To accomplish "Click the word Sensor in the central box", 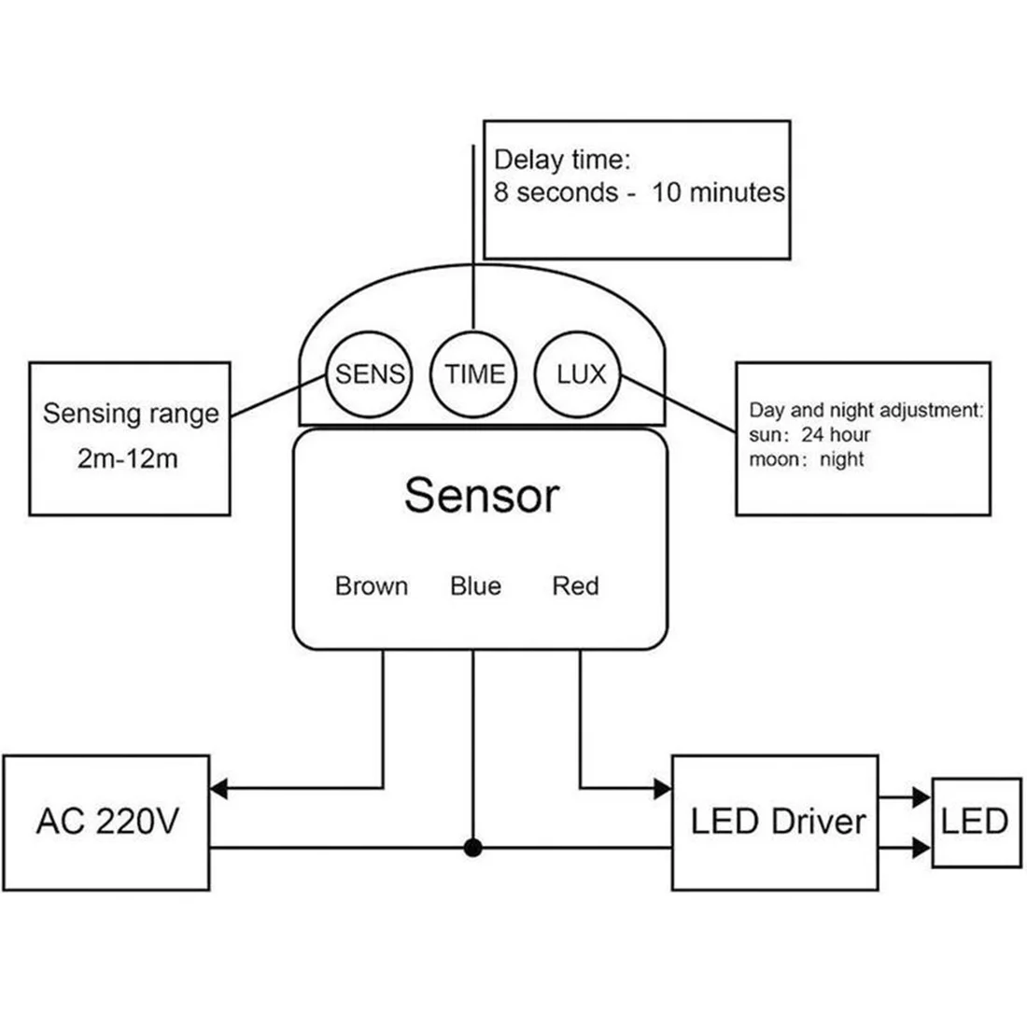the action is (x=482, y=495).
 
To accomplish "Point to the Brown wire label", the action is (x=372, y=585).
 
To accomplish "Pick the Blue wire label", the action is (x=475, y=585).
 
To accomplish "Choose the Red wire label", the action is (x=575, y=585).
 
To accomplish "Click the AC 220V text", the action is (x=107, y=821).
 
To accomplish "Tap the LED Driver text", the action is (x=778, y=822).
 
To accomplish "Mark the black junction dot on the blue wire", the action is (x=473, y=848).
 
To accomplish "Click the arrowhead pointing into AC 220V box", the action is (x=218, y=788).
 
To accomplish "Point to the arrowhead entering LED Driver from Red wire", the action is (x=663, y=789).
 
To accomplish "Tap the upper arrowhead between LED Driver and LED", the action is (x=921, y=797).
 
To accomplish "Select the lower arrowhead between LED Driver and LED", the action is (x=921, y=848).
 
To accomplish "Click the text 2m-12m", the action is (x=128, y=458).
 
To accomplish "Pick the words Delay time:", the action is (x=562, y=160).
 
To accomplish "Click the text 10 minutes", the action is (x=719, y=192).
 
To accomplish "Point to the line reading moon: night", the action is (x=807, y=459).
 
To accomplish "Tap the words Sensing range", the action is (x=131, y=414).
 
